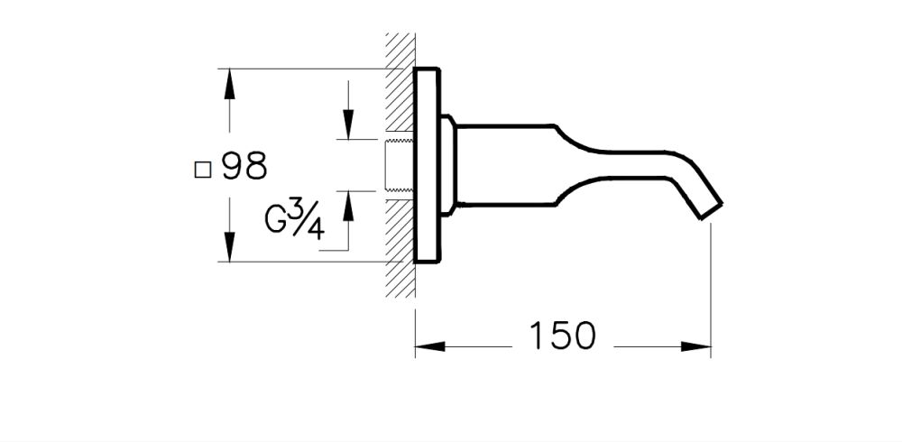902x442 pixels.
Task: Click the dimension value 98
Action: (244, 167)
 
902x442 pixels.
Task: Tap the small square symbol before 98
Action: (203, 169)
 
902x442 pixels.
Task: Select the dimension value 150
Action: (562, 336)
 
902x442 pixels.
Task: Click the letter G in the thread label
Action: (277, 218)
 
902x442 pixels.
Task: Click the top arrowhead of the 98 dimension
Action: (230, 83)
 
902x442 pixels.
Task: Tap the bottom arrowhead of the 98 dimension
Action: (230, 246)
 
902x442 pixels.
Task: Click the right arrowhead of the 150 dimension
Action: (695, 345)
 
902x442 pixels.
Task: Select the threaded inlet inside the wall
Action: (398, 165)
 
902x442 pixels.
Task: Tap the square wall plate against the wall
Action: (427, 165)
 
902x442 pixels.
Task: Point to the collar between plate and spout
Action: (448, 165)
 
